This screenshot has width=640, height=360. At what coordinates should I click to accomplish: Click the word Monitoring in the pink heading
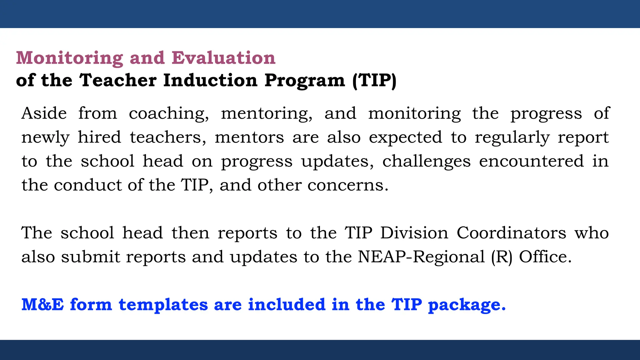click(69, 58)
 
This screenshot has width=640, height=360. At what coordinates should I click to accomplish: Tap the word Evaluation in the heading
click(223, 58)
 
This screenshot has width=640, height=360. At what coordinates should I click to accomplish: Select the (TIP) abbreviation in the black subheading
click(374, 80)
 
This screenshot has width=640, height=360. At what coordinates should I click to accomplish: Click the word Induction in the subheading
click(210, 80)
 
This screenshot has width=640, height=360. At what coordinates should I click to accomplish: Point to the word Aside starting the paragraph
click(44, 113)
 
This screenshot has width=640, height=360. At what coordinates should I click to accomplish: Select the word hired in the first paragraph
click(99, 137)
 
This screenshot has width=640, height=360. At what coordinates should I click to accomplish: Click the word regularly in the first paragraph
click(512, 137)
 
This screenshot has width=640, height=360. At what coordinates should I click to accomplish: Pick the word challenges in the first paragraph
click(426, 161)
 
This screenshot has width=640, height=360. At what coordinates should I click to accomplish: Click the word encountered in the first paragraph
click(531, 161)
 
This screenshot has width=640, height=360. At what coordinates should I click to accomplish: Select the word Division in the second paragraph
click(414, 233)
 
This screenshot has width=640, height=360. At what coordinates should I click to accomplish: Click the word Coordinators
click(511, 233)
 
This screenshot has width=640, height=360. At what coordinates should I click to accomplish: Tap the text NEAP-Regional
click(421, 257)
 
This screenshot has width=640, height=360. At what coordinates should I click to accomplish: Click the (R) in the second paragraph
click(502, 257)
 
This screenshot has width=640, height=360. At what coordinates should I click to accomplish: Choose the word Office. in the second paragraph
click(545, 257)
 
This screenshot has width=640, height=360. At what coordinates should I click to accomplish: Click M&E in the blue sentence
click(42, 305)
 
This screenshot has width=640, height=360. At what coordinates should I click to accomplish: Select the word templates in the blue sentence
click(163, 305)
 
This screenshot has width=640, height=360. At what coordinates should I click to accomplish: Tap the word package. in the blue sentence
click(467, 305)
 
